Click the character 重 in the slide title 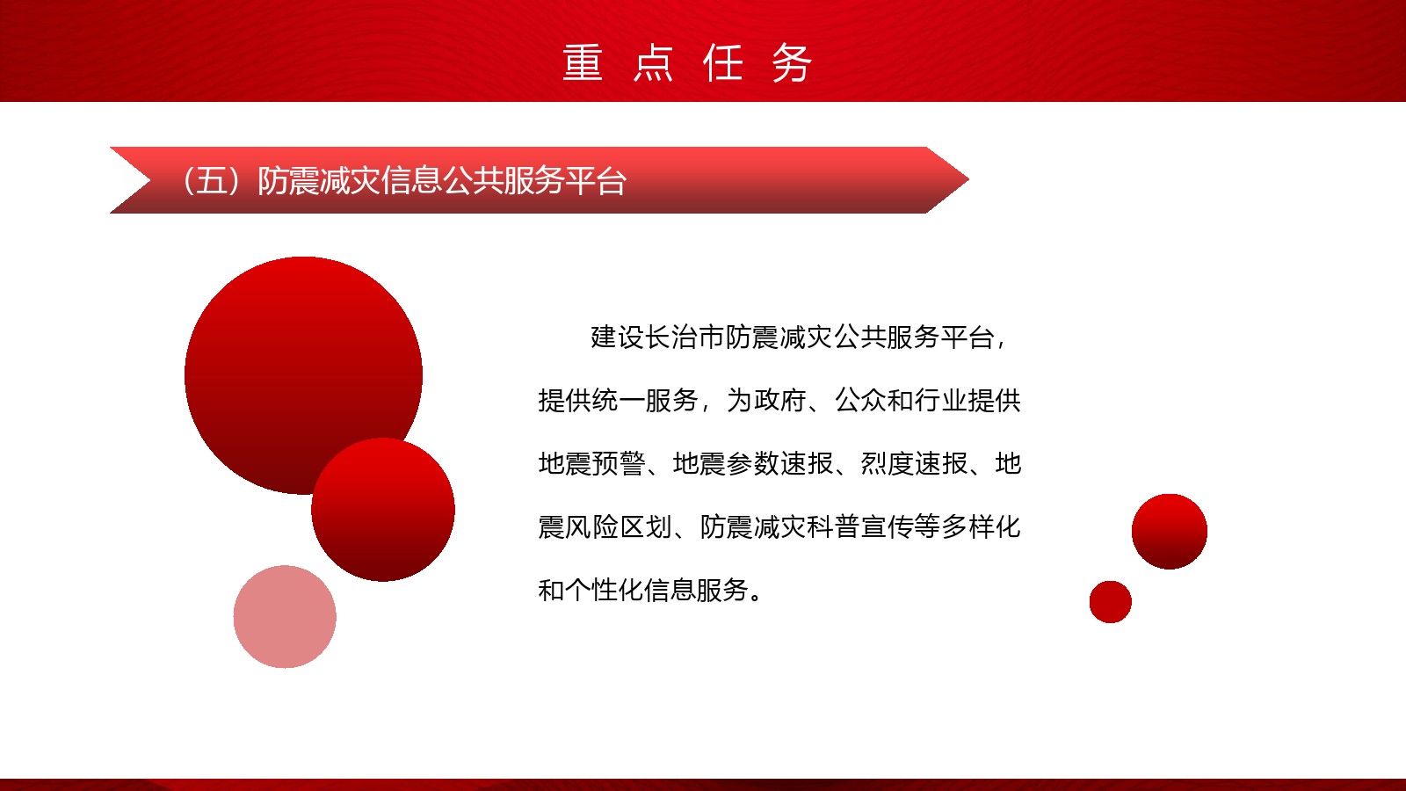[x=583, y=62]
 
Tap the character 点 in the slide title [x=653, y=62]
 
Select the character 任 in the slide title [x=723, y=62]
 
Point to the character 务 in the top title [x=792, y=62]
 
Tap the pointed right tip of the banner [x=968, y=179]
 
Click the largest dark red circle [x=303, y=374]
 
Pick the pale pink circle [x=285, y=616]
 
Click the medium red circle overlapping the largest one [x=383, y=509]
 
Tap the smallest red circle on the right [x=1111, y=601]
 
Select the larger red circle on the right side [x=1170, y=531]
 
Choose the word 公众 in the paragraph [x=860, y=401]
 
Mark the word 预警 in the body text [x=619, y=464]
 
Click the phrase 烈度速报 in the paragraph [x=914, y=464]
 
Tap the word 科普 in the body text [x=834, y=526]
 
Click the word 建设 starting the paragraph [x=618, y=337]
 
